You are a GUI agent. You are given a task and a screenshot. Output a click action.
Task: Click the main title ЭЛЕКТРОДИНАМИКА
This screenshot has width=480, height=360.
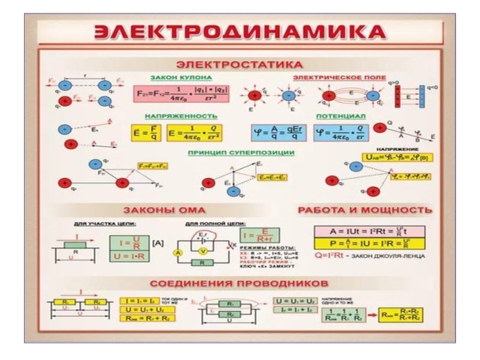240,32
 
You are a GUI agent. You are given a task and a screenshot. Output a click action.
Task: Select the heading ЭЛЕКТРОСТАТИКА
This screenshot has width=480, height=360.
239,64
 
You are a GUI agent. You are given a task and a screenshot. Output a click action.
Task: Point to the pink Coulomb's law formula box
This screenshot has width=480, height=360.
181,94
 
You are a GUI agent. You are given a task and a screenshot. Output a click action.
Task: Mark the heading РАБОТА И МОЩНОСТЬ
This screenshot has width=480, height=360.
364,210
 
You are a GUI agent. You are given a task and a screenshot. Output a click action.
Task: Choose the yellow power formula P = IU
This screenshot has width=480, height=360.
368,244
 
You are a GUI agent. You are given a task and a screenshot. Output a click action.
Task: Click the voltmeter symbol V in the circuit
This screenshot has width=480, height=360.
203,250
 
